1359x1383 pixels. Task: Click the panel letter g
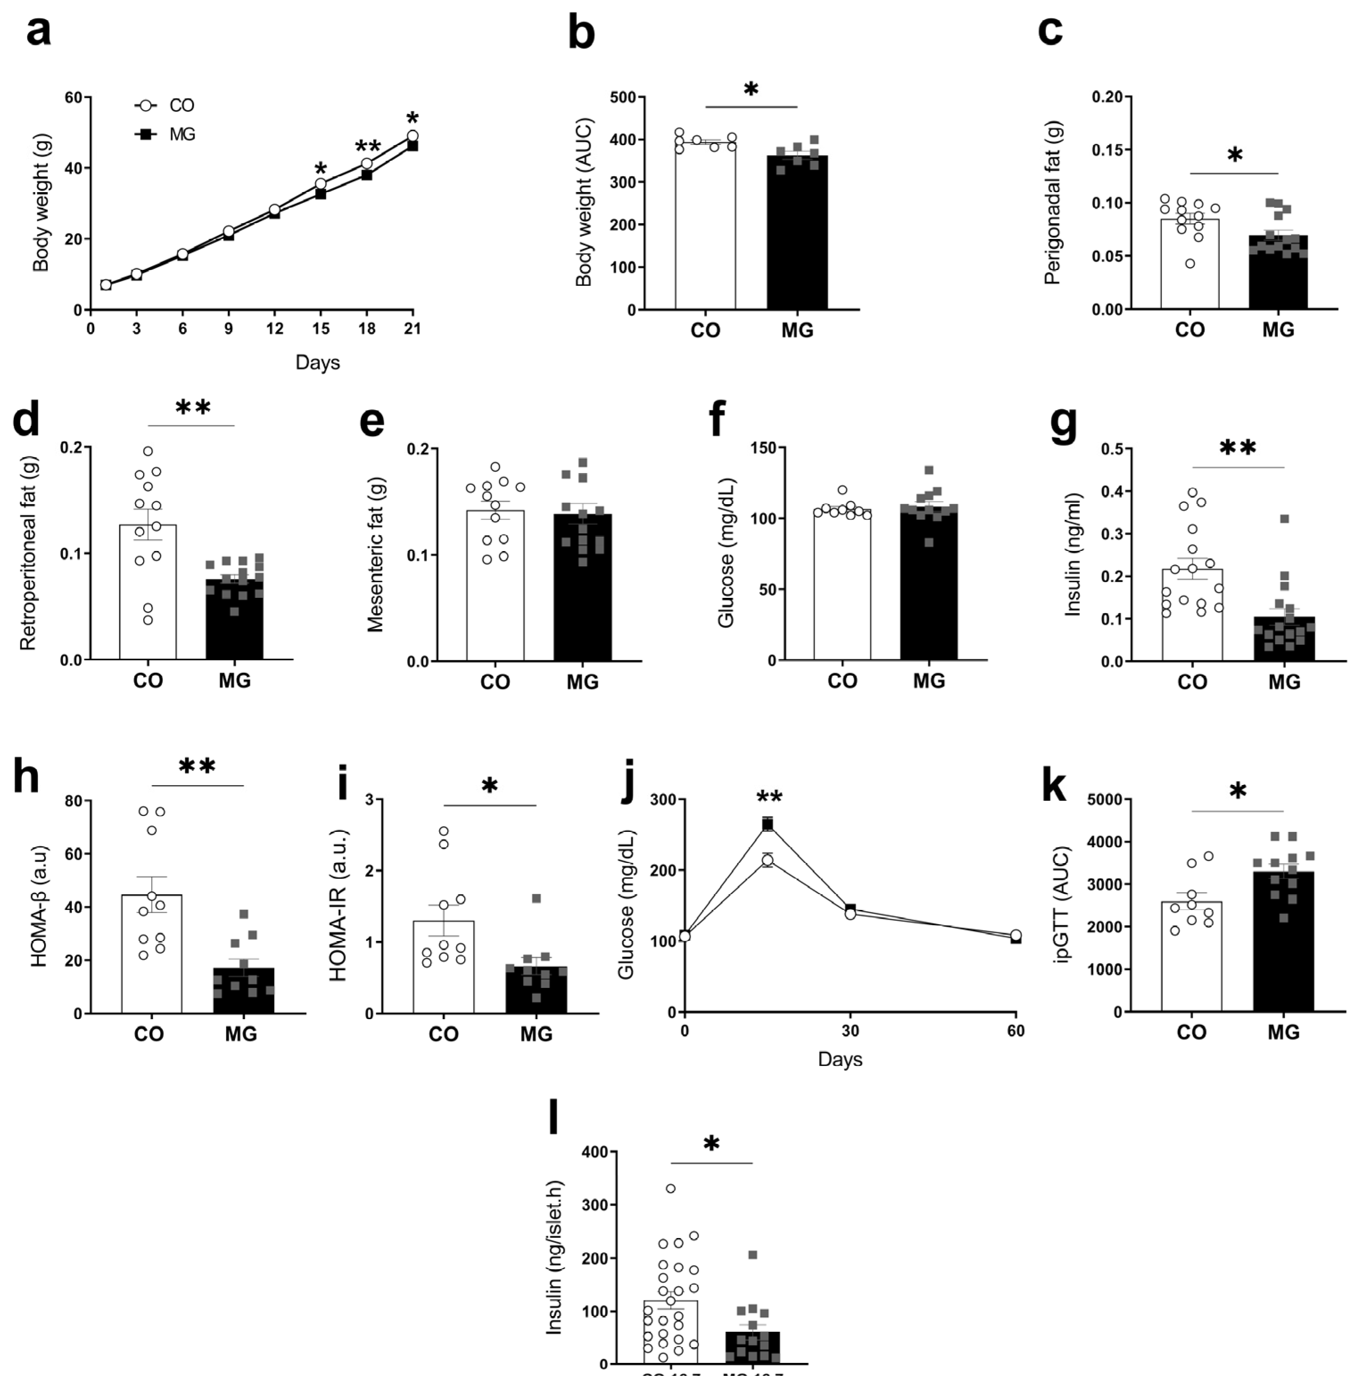pos(1063,423)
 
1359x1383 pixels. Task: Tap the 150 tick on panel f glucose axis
pos(766,448)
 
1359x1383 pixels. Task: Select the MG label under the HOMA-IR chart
pos(536,1034)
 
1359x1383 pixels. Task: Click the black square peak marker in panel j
pos(767,825)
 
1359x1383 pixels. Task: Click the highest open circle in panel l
pos(670,1188)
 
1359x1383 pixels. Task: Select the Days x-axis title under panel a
pos(317,362)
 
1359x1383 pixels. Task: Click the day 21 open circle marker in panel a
pos(412,136)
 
